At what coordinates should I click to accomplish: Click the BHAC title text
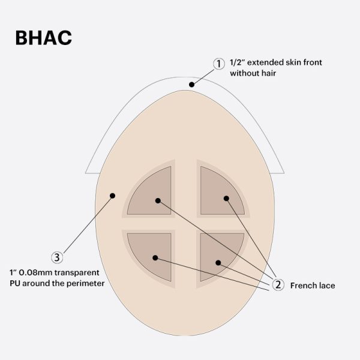point(43,37)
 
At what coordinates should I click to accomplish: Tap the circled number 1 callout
point(219,63)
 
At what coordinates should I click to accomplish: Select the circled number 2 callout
point(277,285)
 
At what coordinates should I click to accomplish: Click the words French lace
point(312,286)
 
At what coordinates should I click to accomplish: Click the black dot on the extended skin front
point(191,85)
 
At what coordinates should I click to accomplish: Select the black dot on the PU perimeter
point(112,194)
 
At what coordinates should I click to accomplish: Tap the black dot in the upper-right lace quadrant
point(226,198)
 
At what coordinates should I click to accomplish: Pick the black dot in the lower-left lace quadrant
point(155,258)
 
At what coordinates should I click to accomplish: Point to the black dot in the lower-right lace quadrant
point(218,262)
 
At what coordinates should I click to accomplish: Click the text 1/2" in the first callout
point(238,63)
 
